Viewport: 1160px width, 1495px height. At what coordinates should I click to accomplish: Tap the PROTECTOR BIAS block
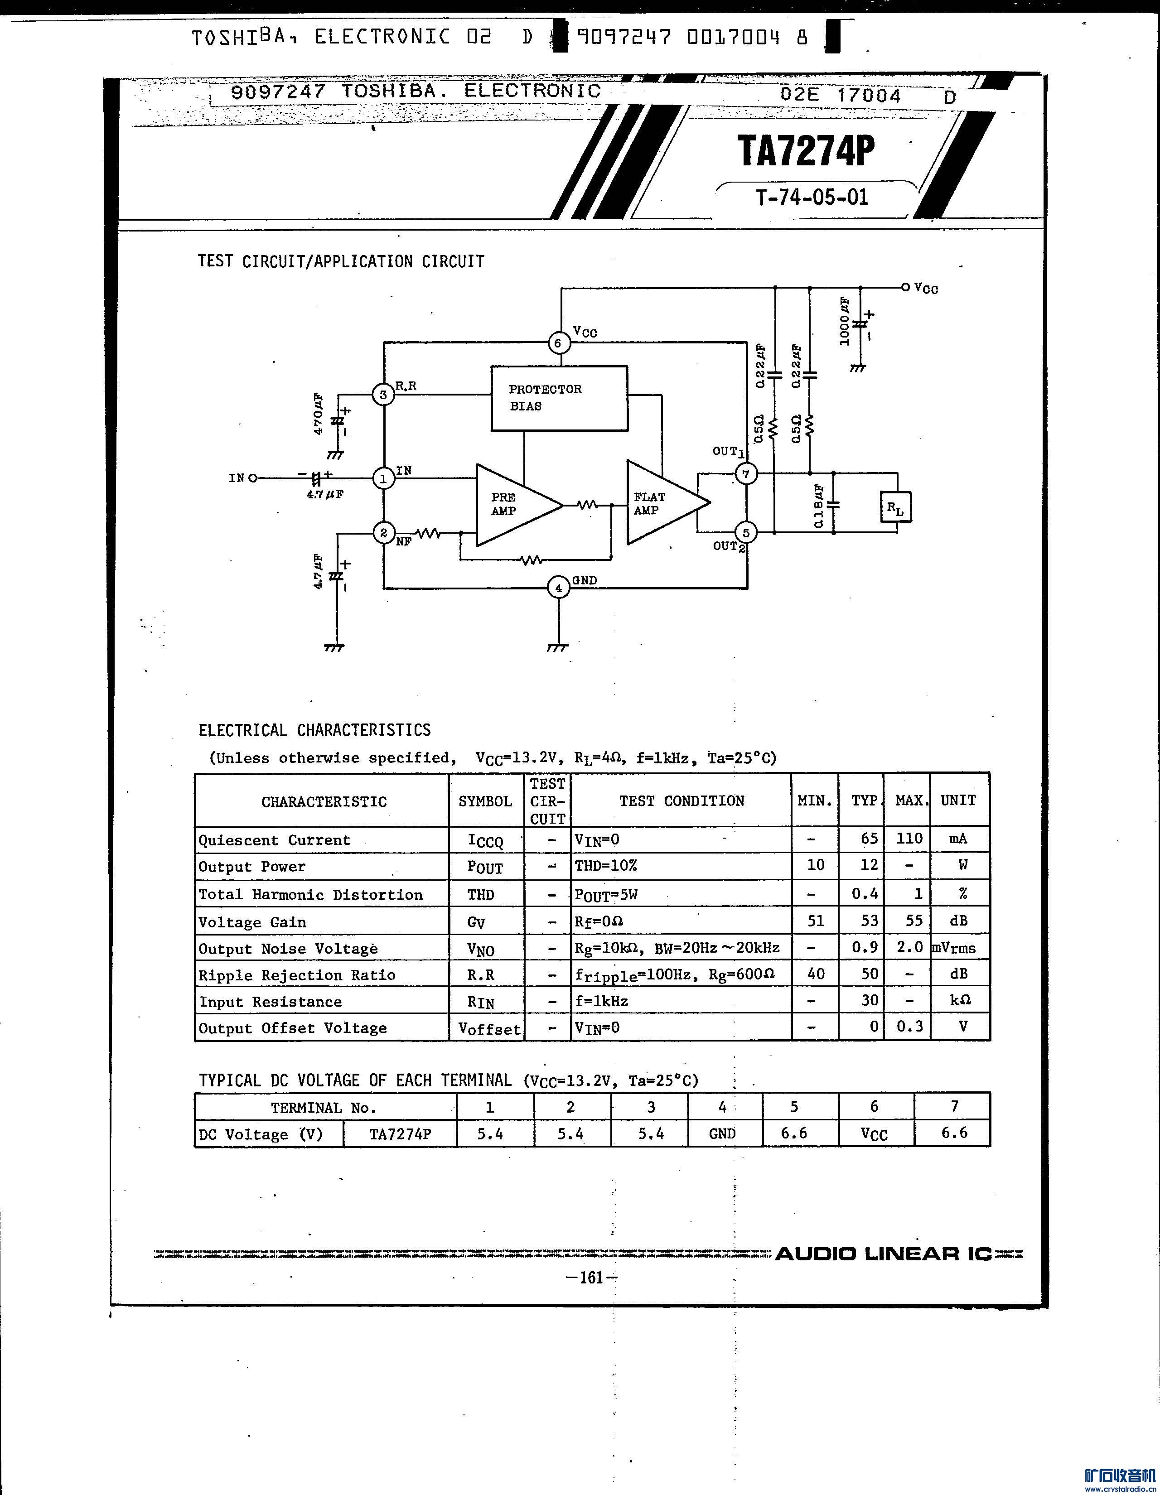(x=559, y=398)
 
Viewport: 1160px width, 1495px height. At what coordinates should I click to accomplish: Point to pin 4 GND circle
(x=559, y=587)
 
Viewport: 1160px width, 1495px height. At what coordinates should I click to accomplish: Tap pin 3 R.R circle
(x=383, y=394)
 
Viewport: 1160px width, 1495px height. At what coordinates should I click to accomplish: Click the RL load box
(x=896, y=507)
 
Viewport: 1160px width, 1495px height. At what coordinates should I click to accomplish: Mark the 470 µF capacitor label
(x=319, y=414)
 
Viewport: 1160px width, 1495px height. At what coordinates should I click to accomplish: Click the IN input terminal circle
(x=253, y=478)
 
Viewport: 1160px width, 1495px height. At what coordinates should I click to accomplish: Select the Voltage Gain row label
(x=253, y=922)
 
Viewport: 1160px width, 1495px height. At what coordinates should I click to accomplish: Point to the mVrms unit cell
(x=954, y=948)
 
